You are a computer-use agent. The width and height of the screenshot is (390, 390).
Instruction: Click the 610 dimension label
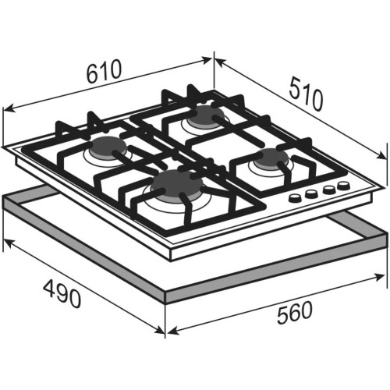tap(104, 71)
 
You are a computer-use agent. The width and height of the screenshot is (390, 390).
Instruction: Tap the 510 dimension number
tap(306, 94)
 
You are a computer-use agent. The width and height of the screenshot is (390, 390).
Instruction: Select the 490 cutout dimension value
tap(62, 294)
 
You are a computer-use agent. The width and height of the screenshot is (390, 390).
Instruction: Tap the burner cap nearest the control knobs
tap(271, 158)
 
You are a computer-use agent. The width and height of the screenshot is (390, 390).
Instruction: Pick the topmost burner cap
tap(206, 115)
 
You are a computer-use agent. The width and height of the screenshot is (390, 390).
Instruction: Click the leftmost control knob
tap(295, 198)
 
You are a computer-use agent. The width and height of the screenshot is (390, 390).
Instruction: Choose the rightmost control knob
tap(344, 186)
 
